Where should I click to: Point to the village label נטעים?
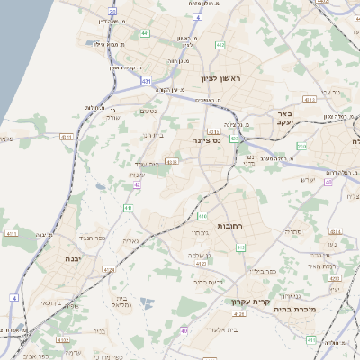coord(150,112)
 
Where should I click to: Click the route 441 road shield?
coord(145,33)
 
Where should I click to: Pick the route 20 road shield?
coord(112,13)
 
